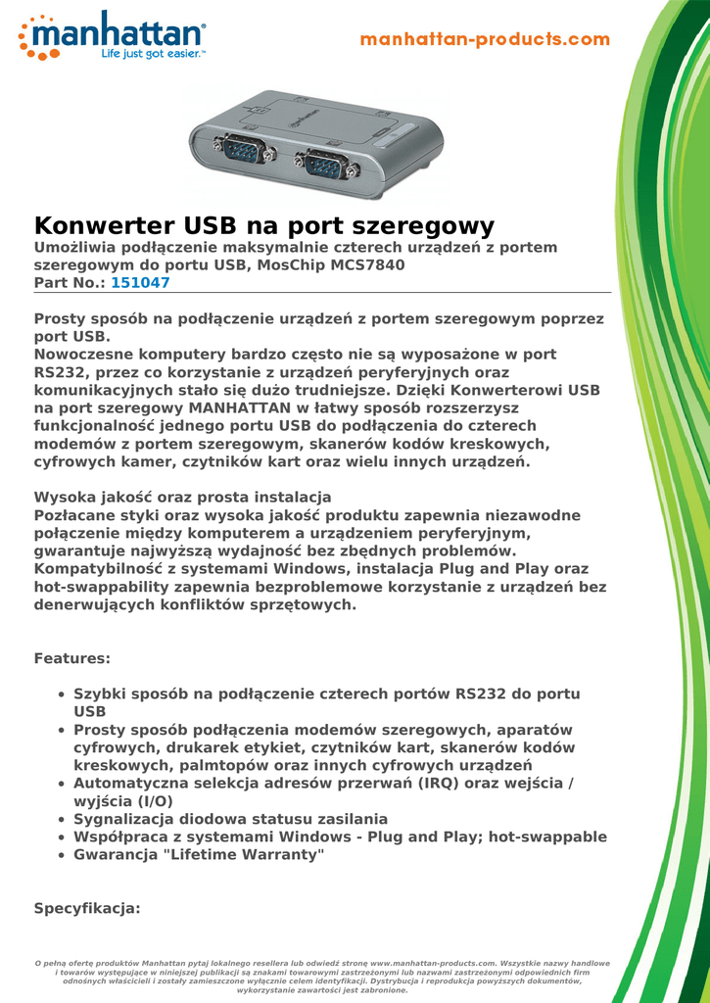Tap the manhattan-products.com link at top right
pos(485,40)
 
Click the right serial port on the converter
pos(324,162)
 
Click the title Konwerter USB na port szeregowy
pos(264,225)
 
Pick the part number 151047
pos(140,282)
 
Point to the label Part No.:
pos(70,282)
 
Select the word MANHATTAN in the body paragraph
pos(235,407)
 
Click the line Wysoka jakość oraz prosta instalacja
pos(183,498)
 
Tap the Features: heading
pos(72,658)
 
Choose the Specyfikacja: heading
pos(88,908)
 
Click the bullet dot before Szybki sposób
pos(63,694)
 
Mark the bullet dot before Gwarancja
pos(63,855)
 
